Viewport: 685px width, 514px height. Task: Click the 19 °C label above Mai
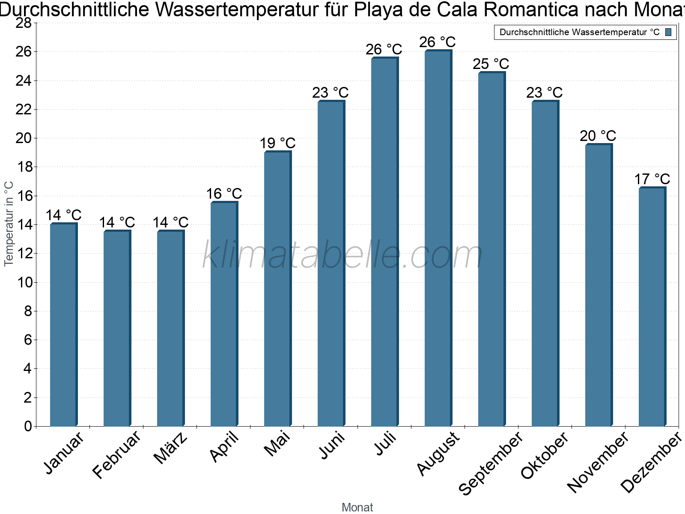click(277, 143)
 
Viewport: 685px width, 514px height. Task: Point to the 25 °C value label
click(491, 64)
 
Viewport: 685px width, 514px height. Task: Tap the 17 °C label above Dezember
click(652, 179)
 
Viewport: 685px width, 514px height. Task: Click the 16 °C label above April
click(224, 194)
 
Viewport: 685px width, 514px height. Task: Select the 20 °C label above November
click(598, 136)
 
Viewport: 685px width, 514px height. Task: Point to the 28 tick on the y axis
click(24, 23)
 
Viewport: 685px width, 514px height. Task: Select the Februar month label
click(116, 454)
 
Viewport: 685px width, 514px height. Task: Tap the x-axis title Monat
click(357, 507)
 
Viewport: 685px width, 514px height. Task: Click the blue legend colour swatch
click(668, 32)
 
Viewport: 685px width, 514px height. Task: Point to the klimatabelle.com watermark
click(342, 255)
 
